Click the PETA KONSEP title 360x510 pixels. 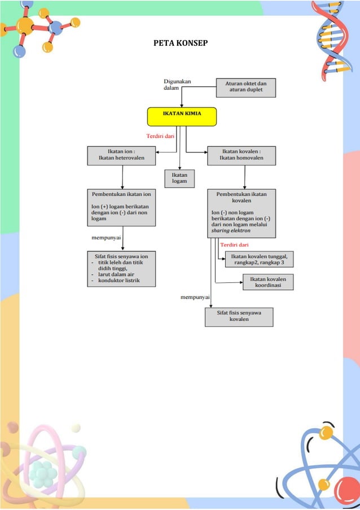click(180, 44)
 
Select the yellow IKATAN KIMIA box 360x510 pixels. click(182, 116)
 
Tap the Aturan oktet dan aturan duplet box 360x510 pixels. click(246, 88)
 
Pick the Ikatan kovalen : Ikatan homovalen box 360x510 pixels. click(242, 155)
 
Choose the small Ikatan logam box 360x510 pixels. click(179, 178)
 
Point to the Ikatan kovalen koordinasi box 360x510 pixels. click(269, 282)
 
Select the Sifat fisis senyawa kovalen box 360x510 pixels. click(239, 316)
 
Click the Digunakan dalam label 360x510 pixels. click(177, 85)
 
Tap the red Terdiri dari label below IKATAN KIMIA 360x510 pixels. click(160, 136)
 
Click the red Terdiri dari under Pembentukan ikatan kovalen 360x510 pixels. click(234, 245)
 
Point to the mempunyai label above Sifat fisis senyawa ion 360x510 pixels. click(107, 238)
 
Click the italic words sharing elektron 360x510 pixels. click(231, 231)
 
